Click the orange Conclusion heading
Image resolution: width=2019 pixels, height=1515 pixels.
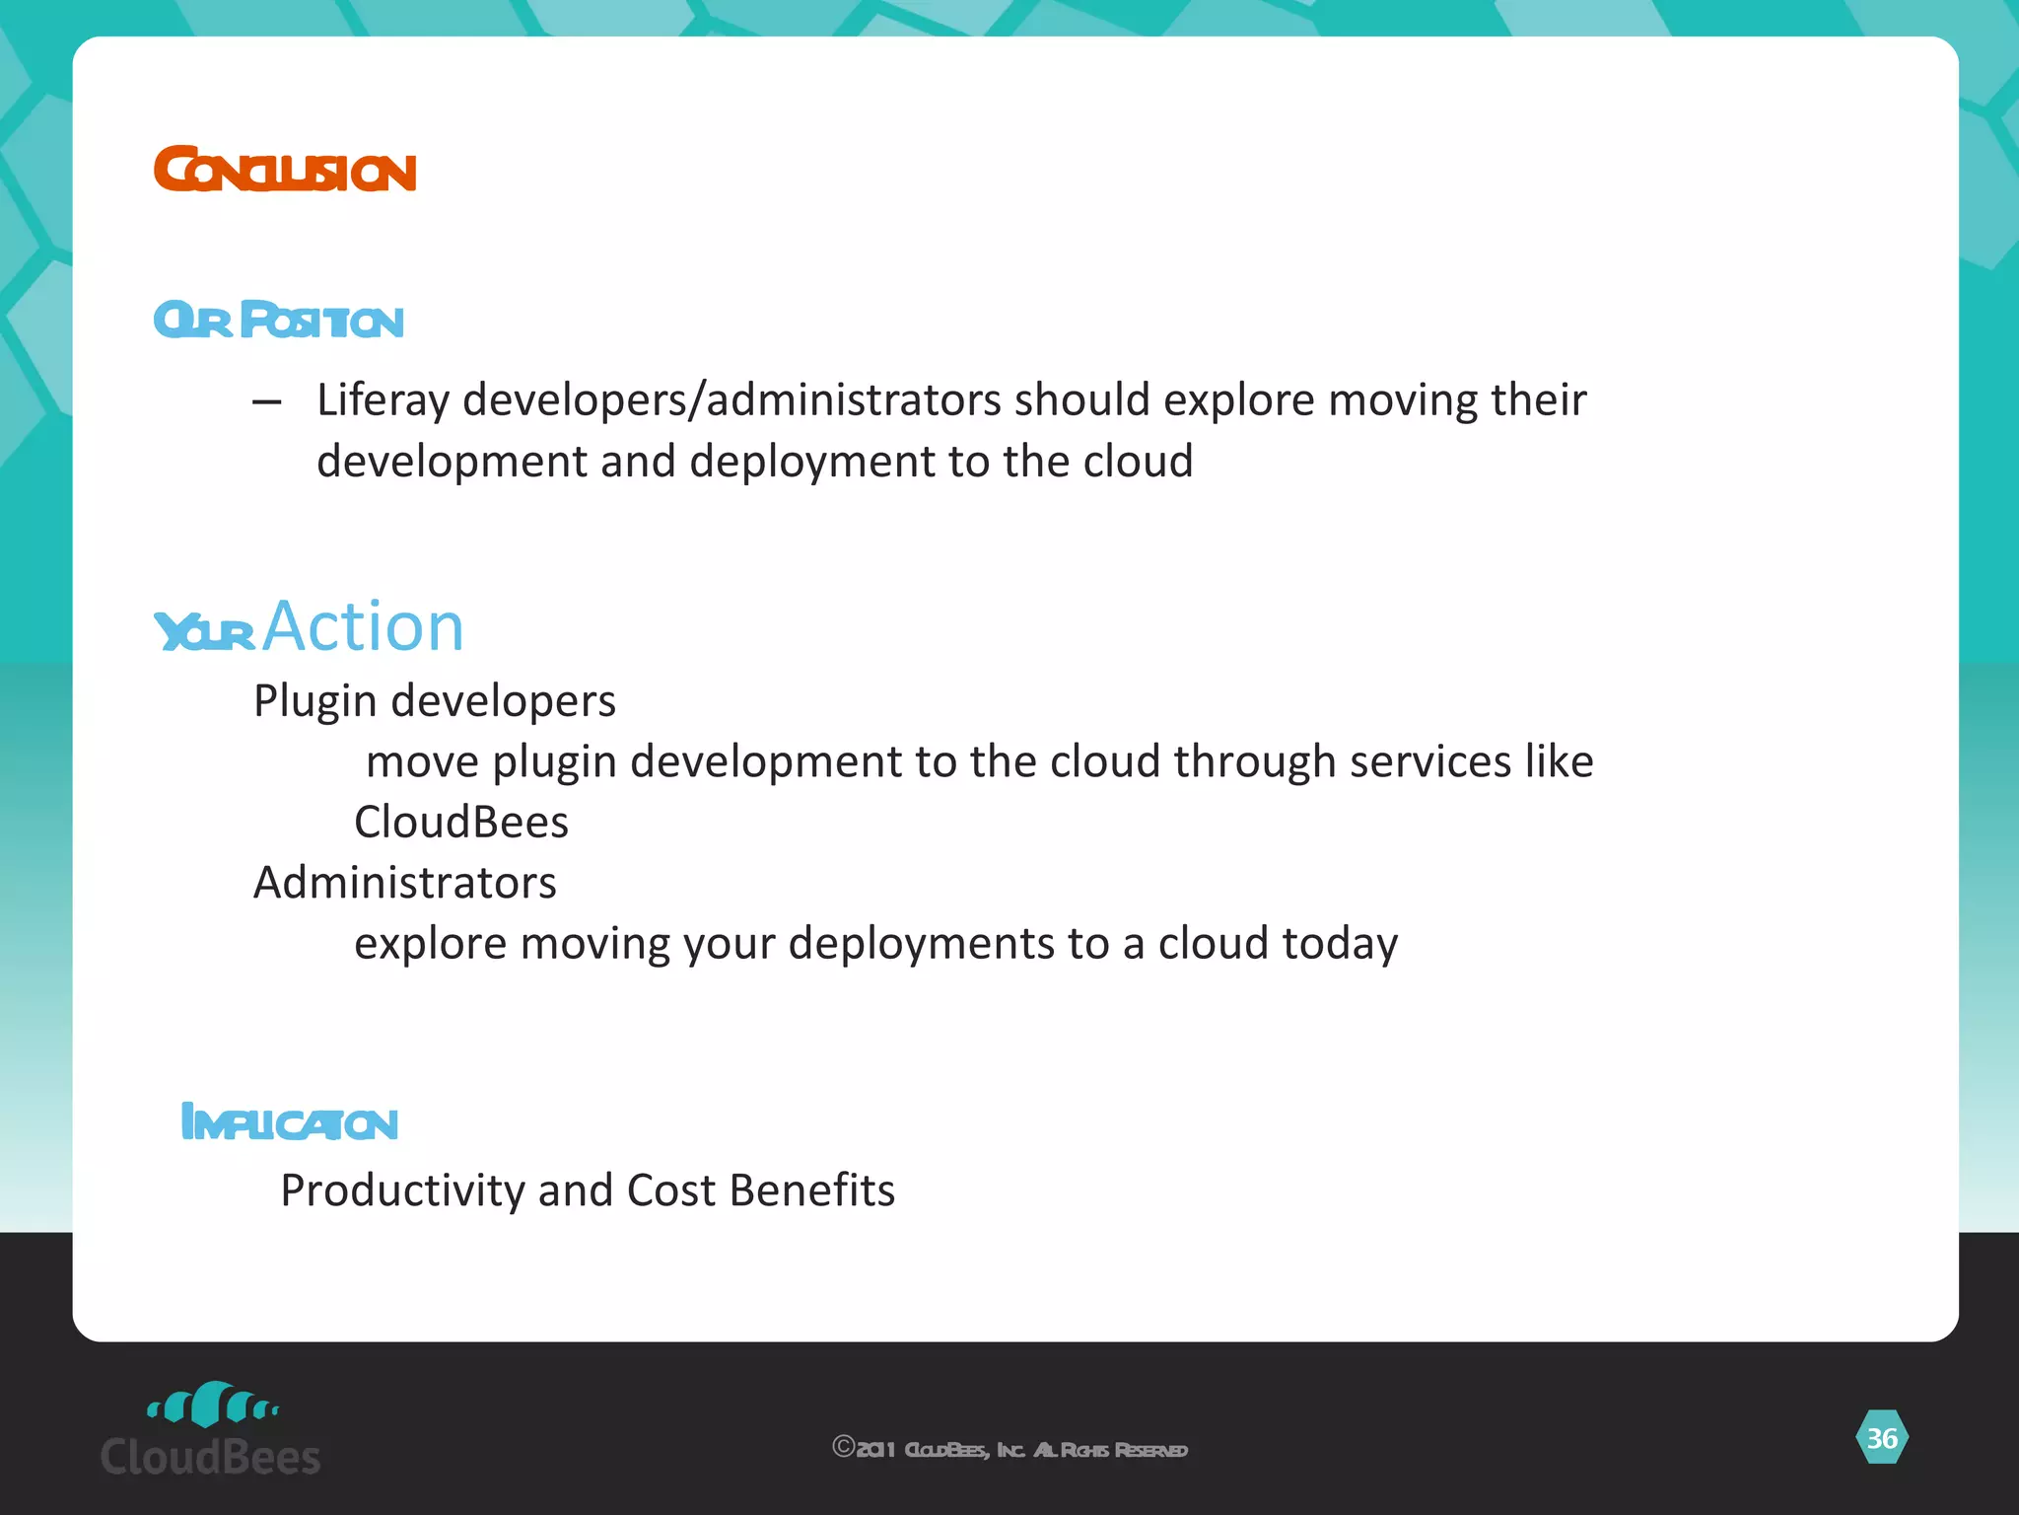coord(285,170)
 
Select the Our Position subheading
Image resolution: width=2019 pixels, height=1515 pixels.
coord(279,321)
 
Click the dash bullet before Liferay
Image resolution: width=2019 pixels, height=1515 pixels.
coord(266,401)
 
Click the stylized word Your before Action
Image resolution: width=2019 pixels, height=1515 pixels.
coord(205,632)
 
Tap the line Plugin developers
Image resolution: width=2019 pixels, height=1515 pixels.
coord(434,701)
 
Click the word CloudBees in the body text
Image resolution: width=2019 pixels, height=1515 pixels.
coord(461,823)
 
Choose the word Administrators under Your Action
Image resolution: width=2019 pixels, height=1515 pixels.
coord(405,883)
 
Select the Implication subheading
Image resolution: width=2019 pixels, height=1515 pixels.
coord(290,1123)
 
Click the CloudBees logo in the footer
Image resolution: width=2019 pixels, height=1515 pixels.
coord(211,1429)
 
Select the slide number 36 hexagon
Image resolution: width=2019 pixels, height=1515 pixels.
coord(1882,1438)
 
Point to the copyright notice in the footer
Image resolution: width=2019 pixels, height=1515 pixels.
coord(1009,1449)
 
